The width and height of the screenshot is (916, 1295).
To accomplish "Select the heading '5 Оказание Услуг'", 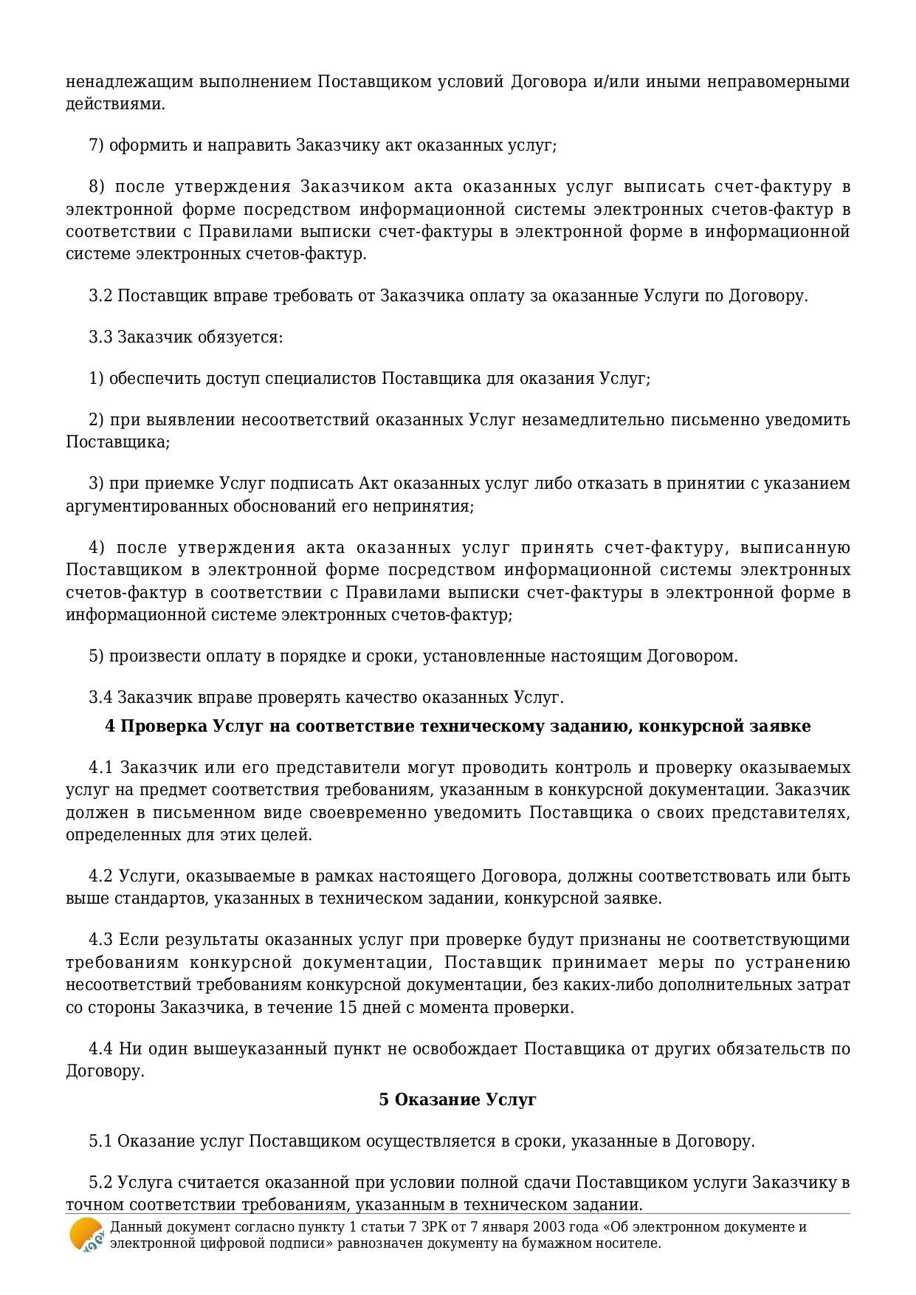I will [458, 1099].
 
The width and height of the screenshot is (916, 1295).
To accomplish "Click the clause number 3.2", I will [100, 295].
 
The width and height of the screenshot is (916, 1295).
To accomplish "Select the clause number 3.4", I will [100, 697].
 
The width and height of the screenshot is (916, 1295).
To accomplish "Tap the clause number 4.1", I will [100, 767].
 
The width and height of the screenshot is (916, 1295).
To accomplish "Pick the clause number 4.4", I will [100, 1048].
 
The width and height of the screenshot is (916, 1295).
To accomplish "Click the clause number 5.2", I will [100, 1182].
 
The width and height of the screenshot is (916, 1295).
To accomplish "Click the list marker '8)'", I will [97, 186].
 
